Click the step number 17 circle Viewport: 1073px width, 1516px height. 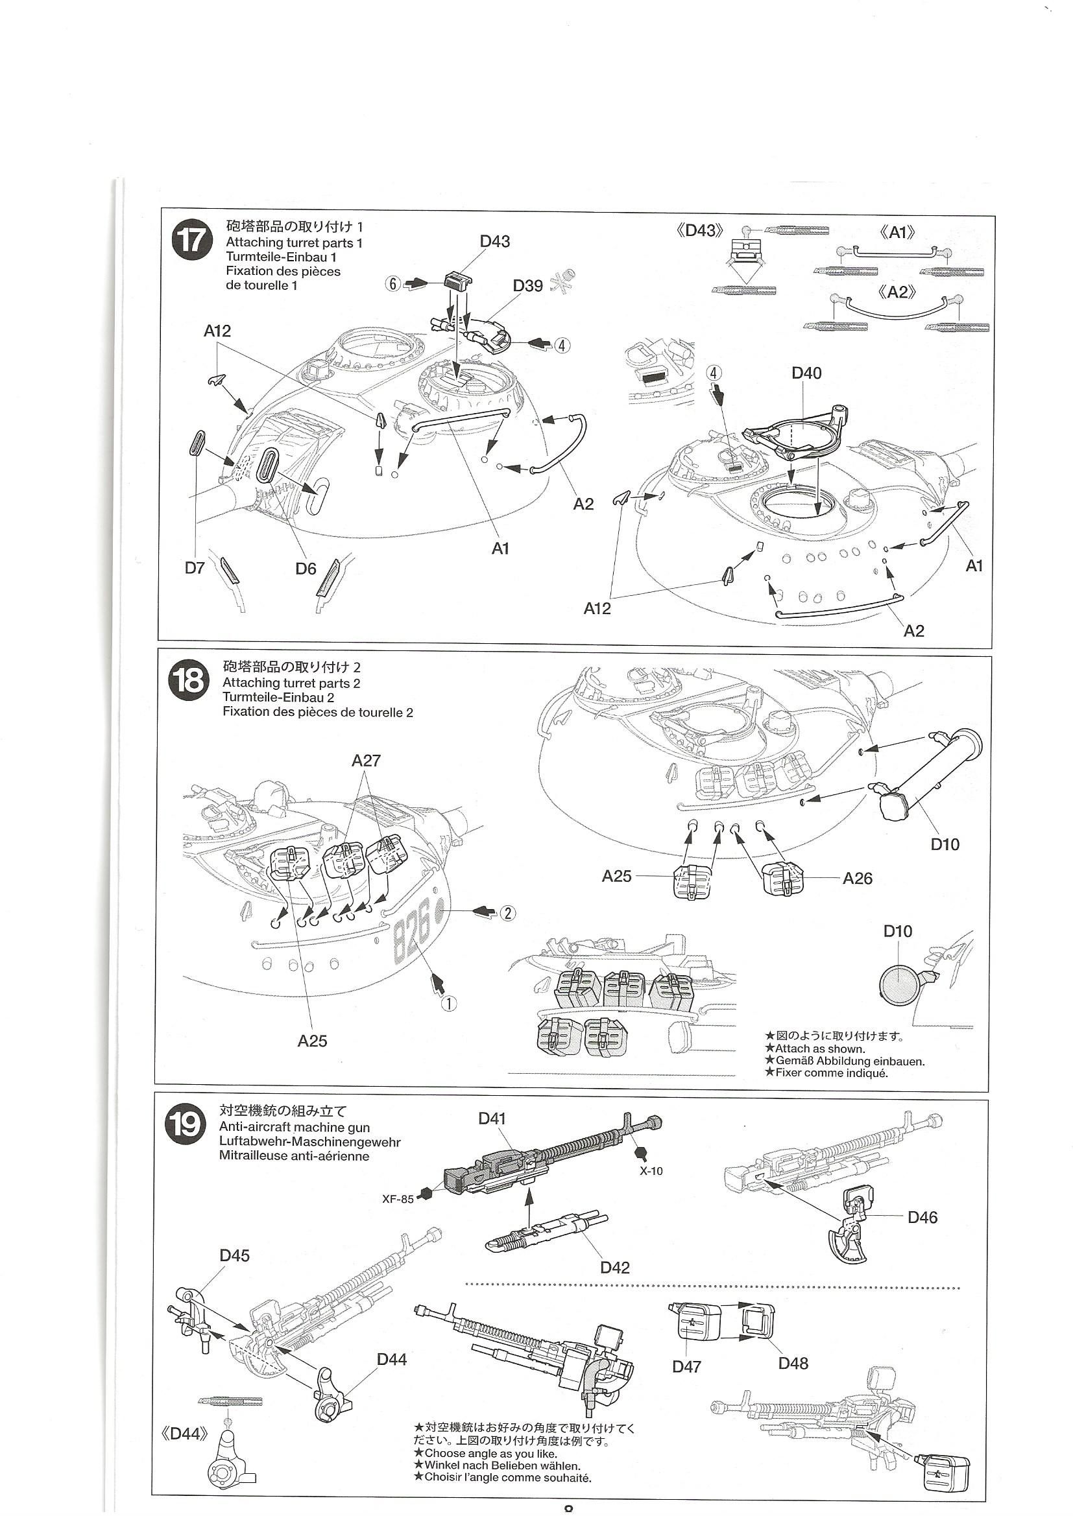191,243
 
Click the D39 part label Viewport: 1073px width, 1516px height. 527,286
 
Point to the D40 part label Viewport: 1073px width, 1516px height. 806,373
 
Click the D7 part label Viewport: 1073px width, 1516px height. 194,568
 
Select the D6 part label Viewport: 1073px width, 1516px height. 306,568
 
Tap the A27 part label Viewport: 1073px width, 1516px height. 366,761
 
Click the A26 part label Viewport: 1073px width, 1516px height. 857,878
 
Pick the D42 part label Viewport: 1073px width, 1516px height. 614,1268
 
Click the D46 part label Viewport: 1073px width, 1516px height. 922,1217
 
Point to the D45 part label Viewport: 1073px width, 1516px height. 235,1255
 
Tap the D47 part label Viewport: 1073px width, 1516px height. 686,1366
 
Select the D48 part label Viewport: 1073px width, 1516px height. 793,1363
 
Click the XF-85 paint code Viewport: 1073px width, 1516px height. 397,1198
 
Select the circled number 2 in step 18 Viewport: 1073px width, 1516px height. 507,912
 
